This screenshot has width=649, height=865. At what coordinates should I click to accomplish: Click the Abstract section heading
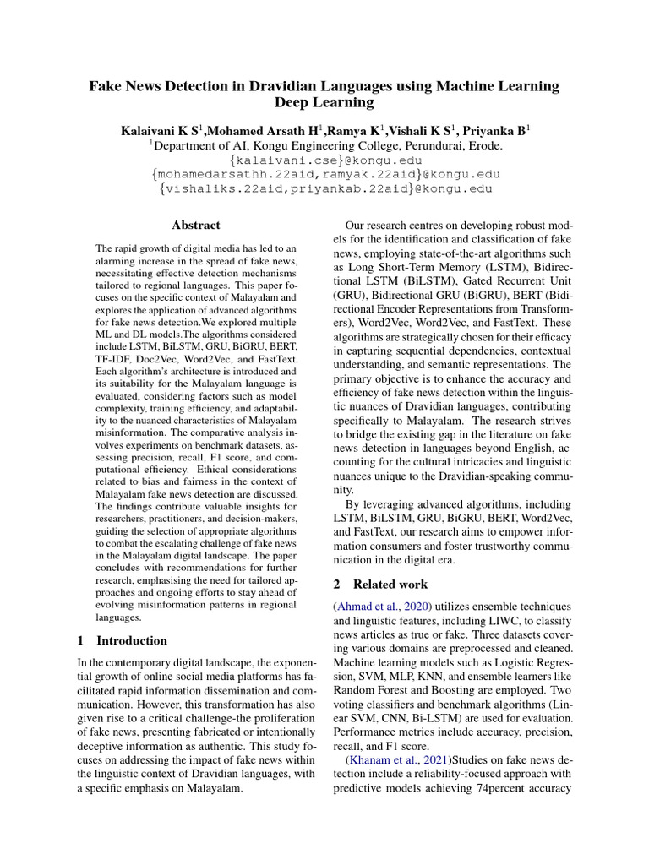196,226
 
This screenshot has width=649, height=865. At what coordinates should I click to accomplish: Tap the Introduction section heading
132,640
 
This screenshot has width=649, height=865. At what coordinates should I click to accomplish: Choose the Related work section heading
390,584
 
